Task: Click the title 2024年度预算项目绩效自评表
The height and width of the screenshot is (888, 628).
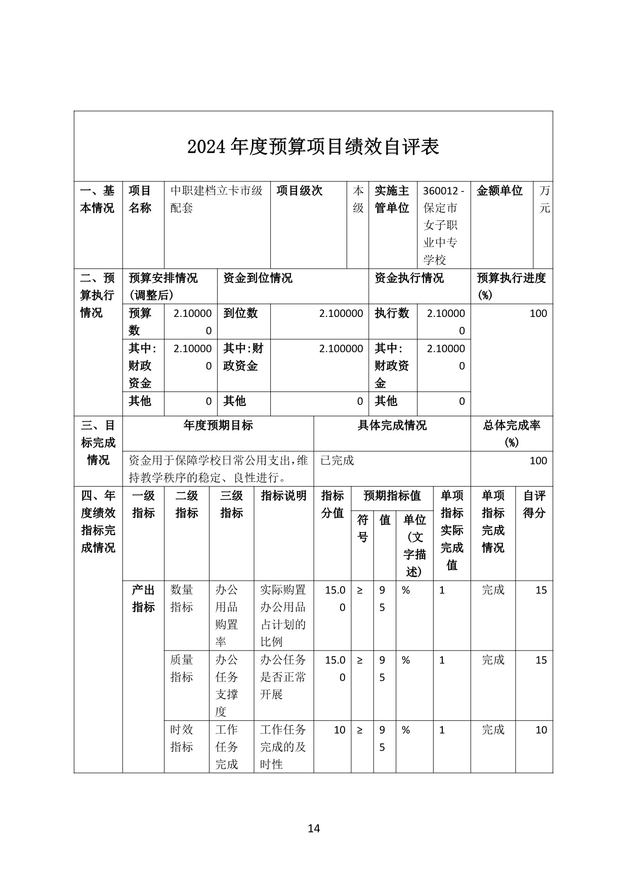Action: [x=313, y=147]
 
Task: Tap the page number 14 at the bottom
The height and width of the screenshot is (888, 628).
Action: [x=314, y=828]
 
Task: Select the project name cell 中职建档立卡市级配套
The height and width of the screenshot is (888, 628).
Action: [x=217, y=199]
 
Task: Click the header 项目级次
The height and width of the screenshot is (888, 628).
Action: [x=300, y=191]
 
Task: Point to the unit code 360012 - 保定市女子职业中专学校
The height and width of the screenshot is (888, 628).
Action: [x=443, y=225]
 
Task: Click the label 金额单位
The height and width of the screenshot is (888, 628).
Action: [x=499, y=191]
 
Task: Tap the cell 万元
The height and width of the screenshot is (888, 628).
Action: [x=544, y=199]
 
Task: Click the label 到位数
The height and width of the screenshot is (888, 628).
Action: [x=240, y=313]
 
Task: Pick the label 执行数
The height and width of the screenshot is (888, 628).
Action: [x=392, y=313]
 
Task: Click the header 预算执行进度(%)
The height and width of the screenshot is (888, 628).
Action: [x=511, y=286]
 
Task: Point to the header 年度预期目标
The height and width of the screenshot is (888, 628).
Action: [x=218, y=425]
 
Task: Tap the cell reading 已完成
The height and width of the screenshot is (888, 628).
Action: [x=338, y=460]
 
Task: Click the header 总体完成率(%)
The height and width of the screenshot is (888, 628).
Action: [x=512, y=433]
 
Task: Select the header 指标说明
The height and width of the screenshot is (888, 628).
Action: [x=283, y=496]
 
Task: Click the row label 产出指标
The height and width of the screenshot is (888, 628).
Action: [x=143, y=598]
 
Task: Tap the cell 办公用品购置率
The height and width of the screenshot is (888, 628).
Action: [x=227, y=616]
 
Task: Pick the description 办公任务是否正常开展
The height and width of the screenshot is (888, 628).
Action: [x=283, y=677]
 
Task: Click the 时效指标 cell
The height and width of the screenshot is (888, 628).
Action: [x=182, y=738]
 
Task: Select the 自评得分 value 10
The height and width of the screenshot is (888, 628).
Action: [x=541, y=730]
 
